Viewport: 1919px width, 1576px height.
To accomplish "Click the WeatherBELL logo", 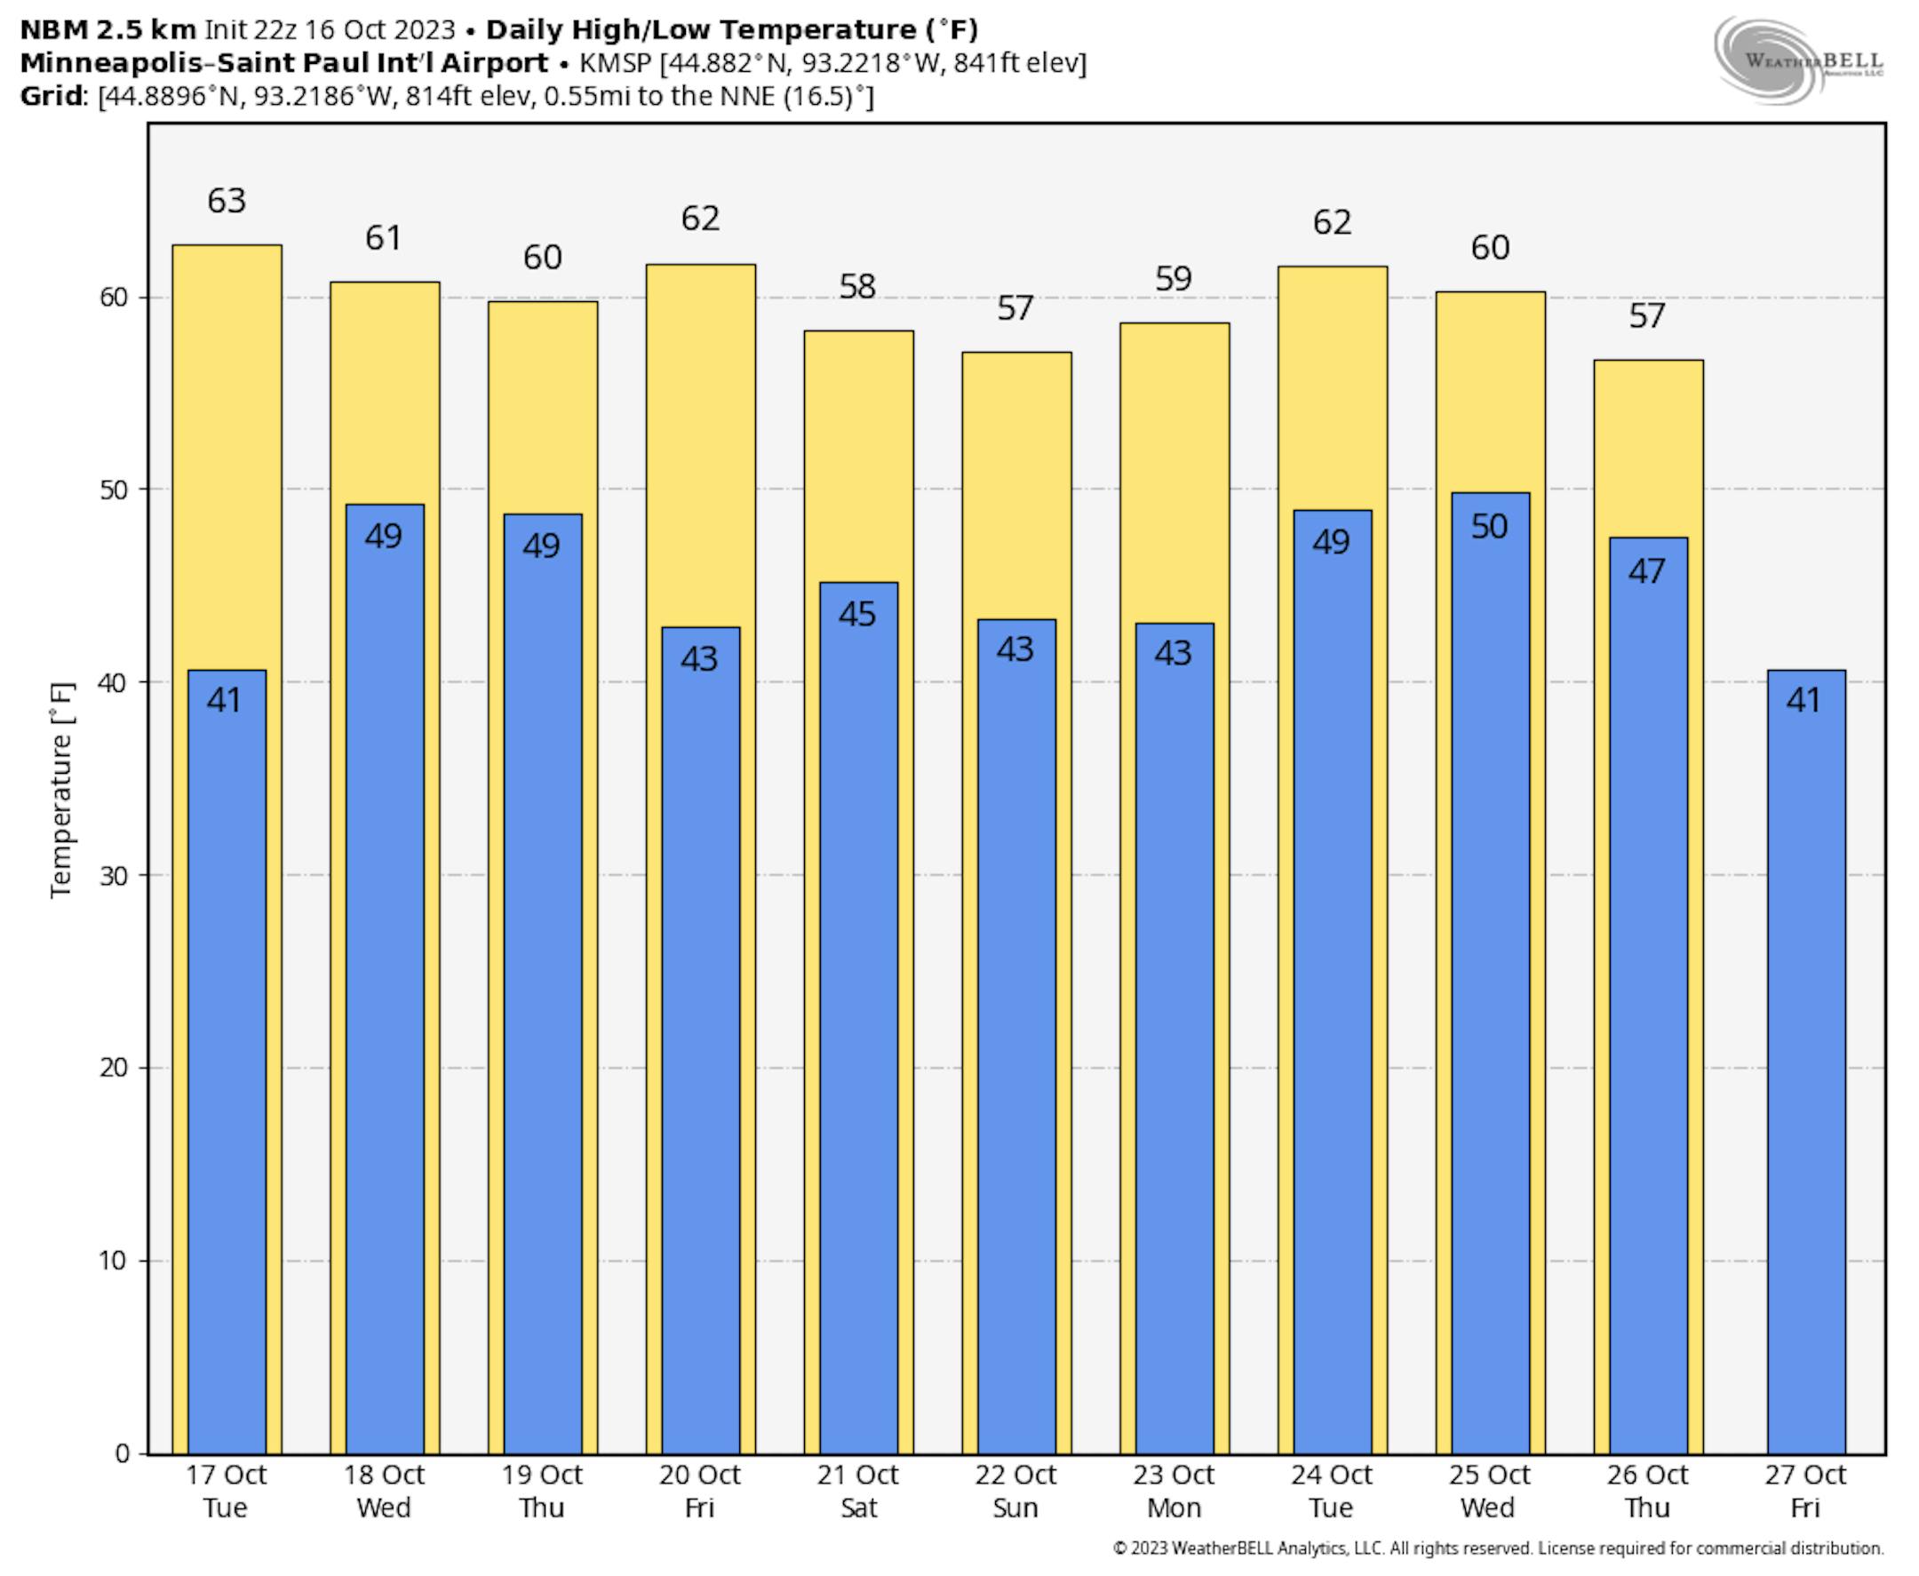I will (x=1796, y=60).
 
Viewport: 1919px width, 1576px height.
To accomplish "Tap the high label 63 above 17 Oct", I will (x=226, y=201).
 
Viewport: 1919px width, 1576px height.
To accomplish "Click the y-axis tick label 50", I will (x=114, y=490).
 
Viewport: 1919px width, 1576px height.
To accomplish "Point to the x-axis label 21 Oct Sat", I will (x=858, y=1491).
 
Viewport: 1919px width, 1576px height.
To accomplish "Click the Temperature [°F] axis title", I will (x=60, y=790).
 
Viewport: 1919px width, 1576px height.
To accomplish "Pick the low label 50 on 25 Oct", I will (x=1490, y=527).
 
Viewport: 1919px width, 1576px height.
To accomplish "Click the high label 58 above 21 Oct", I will (x=857, y=287).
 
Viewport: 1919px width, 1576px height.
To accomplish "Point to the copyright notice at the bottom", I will (x=1498, y=1548).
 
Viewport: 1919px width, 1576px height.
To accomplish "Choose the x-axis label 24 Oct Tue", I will (x=1332, y=1491).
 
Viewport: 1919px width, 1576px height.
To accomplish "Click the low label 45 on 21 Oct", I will (x=857, y=615).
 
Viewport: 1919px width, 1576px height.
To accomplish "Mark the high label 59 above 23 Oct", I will (x=1173, y=279).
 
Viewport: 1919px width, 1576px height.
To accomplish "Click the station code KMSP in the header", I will (x=615, y=63).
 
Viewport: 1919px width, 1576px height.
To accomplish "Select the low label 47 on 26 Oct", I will (x=1646, y=571).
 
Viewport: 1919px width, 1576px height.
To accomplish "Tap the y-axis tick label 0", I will (x=122, y=1453).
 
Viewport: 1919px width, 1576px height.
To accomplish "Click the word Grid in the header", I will (x=51, y=96).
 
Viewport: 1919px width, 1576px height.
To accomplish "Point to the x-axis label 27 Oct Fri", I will (x=1804, y=1491).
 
